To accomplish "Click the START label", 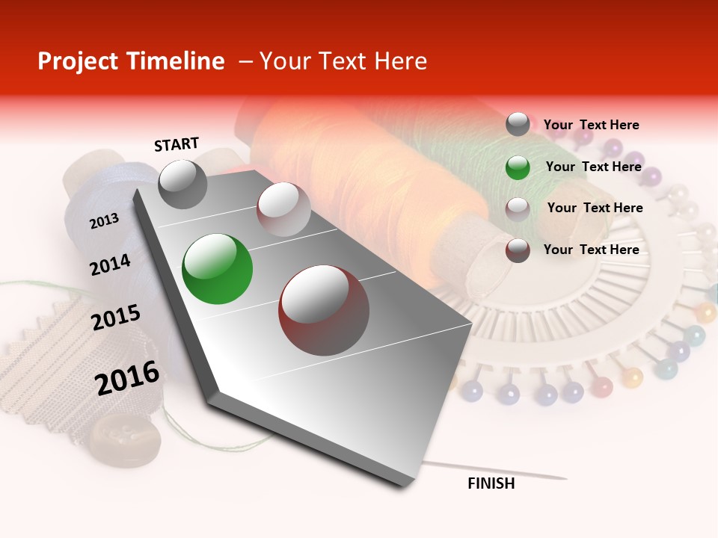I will tap(177, 143).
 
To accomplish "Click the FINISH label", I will tap(491, 483).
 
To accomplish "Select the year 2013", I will tap(105, 221).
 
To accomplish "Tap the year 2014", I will tap(110, 265).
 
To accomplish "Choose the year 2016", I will tap(127, 377).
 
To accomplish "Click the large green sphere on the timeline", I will tap(217, 269).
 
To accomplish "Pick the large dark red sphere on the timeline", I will tap(324, 310).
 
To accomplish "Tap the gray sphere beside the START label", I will tap(182, 184).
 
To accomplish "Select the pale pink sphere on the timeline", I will tap(283, 209).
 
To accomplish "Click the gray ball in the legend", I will tap(518, 124).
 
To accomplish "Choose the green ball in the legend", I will tap(518, 167).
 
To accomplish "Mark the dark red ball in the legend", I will tap(518, 250).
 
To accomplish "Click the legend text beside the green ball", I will tap(593, 167).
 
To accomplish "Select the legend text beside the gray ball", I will tap(591, 125).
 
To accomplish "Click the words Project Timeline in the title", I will tap(131, 61).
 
